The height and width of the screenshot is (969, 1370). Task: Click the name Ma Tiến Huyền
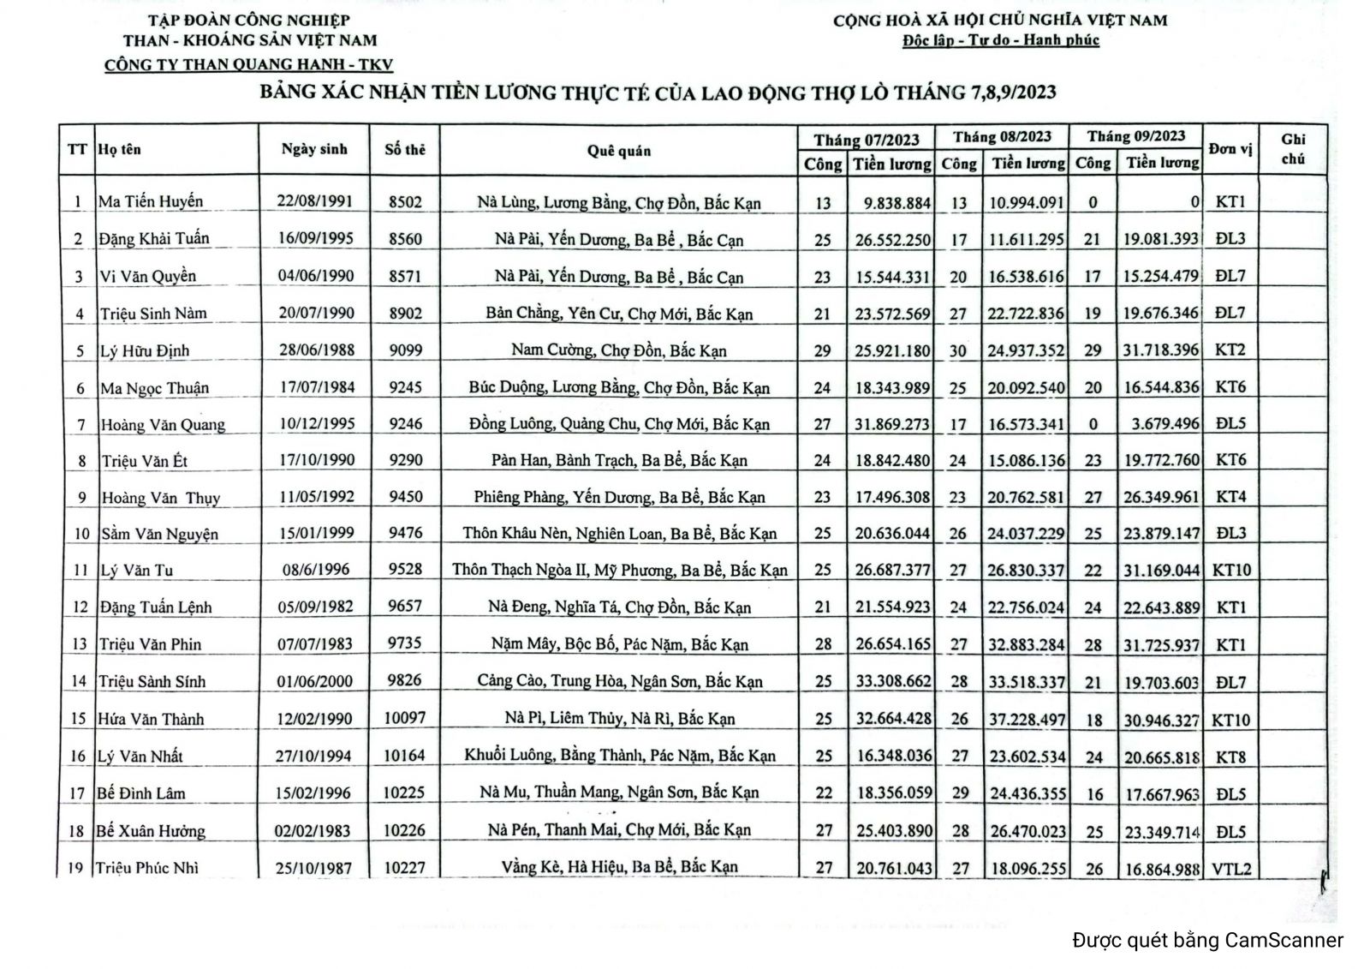[x=151, y=201]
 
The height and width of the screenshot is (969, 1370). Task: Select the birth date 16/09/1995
[x=315, y=238]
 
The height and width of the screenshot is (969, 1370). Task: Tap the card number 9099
[x=405, y=350]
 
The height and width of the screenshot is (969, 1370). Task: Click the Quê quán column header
[x=618, y=151]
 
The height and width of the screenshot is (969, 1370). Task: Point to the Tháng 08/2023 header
[x=1002, y=137]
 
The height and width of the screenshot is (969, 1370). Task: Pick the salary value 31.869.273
[x=892, y=423]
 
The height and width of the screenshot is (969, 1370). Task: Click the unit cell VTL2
[x=1231, y=869]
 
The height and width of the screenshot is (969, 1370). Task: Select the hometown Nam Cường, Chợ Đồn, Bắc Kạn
[x=618, y=350]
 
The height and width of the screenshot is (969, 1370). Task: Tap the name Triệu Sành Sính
[x=152, y=682]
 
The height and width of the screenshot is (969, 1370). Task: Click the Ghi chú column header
[x=1293, y=149]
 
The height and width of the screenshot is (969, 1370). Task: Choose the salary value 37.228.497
[x=1027, y=720]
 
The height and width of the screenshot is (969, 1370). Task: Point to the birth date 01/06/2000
[x=315, y=681]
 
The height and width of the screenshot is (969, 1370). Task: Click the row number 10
[x=81, y=534]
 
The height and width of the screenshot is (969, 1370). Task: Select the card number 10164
[x=404, y=756]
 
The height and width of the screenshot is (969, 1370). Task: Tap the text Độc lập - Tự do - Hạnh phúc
[x=1000, y=40]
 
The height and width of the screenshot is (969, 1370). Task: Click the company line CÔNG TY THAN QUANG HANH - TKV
[x=248, y=65]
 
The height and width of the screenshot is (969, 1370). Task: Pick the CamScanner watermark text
[x=1207, y=940]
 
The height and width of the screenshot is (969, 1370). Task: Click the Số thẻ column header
[x=404, y=150]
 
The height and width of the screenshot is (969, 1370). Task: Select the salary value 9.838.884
[x=892, y=203]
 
